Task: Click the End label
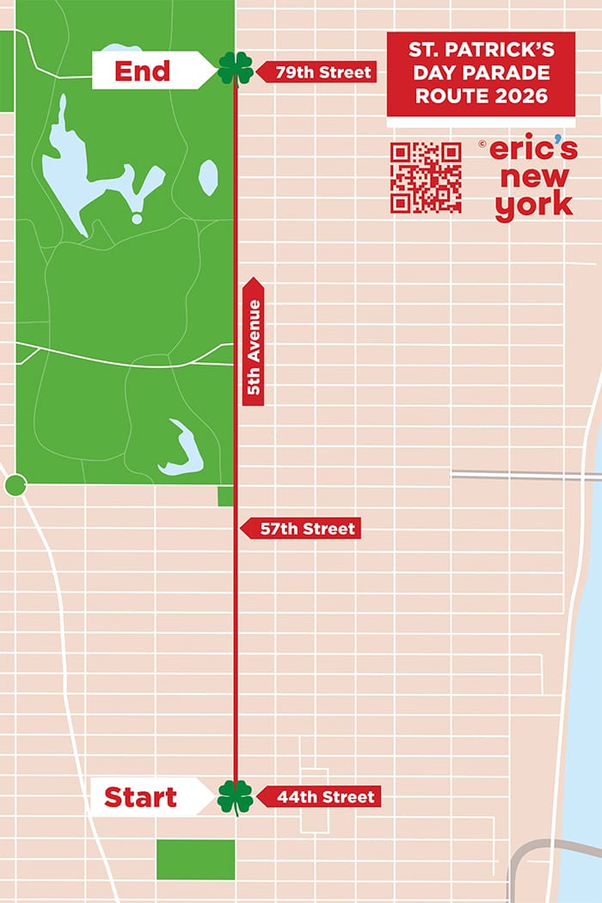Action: pos(144,71)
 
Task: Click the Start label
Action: pos(141,797)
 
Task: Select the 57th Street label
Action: pos(306,529)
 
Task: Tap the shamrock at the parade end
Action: pos(235,69)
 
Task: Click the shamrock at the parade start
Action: pos(235,796)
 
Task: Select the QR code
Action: pos(426,178)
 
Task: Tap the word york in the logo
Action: pos(533,205)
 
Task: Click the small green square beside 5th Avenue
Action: pos(225,496)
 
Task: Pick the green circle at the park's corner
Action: pos(15,486)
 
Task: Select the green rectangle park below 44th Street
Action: pos(195,859)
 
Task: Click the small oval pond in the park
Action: pos(208,176)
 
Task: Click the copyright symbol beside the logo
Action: pos(482,144)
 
